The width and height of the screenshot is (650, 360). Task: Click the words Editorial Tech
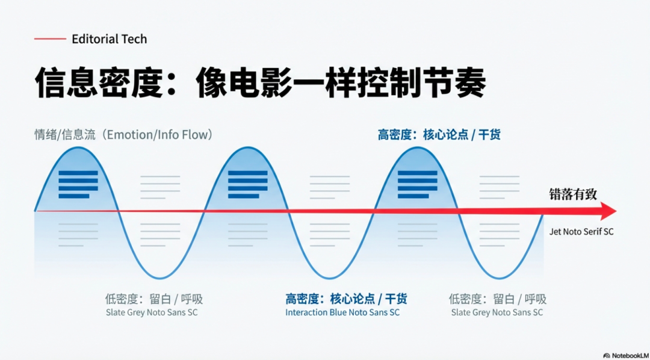pos(109,39)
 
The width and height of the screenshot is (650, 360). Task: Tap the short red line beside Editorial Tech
pos(50,39)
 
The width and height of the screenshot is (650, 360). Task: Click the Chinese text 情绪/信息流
pos(65,135)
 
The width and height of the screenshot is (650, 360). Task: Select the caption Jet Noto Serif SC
pos(581,232)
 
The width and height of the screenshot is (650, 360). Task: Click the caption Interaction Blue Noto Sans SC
pos(342,313)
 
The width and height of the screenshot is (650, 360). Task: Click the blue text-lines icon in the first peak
pos(78,184)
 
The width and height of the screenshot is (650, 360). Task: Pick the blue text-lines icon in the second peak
pos(248,184)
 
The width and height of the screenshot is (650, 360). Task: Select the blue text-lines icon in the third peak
pos(417,184)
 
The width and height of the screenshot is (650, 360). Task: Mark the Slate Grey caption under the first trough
pos(152,313)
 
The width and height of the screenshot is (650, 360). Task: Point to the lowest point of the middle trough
pos(329,278)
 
